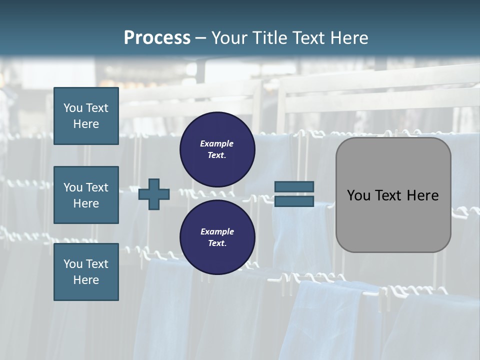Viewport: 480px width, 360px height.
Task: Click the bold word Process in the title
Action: [x=157, y=38]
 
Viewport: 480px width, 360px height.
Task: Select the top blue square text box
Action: [x=86, y=116]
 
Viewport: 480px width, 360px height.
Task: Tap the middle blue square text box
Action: [x=86, y=195]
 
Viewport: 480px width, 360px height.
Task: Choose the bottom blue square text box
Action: [x=86, y=271]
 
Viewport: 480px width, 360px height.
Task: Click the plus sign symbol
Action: [x=154, y=194]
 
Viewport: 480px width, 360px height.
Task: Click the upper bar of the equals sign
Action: [x=294, y=186]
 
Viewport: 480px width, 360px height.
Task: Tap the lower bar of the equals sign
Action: [x=294, y=201]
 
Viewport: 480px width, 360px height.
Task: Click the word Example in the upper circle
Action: [x=217, y=143]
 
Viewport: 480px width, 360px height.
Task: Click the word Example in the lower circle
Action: [x=217, y=231]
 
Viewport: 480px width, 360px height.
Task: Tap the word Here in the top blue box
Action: [x=86, y=124]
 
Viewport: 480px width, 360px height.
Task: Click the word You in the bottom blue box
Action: [x=72, y=264]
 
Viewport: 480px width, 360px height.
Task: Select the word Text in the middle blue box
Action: [x=97, y=187]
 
